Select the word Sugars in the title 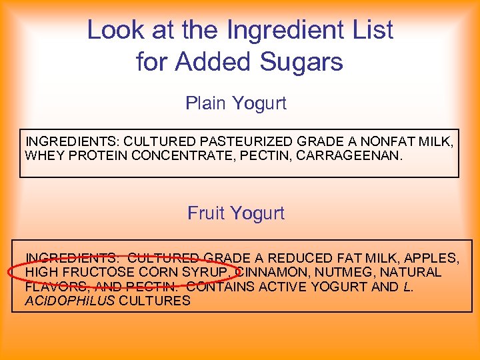(x=304, y=62)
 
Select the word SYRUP (x=209, y=272)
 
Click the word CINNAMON (x=273, y=272)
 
